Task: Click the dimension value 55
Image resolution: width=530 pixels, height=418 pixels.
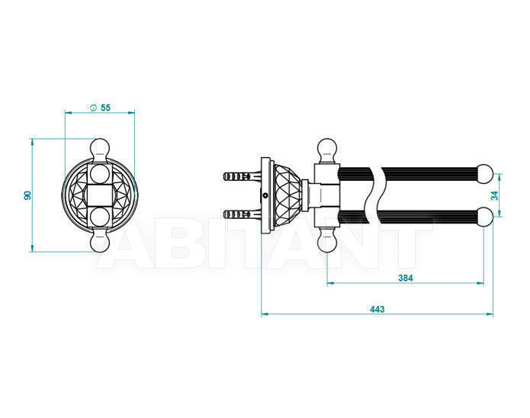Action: pyautogui.click(x=105, y=108)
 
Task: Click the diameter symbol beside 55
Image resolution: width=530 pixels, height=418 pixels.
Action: pyautogui.click(x=94, y=108)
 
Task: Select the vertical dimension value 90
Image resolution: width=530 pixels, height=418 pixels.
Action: pyautogui.click(x=27, y=195)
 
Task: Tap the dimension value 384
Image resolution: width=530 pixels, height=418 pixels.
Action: pyautogui.click(x=405, y=278)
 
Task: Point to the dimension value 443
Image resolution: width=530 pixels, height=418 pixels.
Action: pyautogui.click(x=377, y=309)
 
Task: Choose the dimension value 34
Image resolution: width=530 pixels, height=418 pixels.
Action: pyautogui.click(x=494, y=195)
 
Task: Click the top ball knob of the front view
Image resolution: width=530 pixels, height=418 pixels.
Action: pyautogui.click(x=100, y=149)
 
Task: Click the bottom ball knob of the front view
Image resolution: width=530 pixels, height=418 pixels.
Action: pyautogui.click(x=100, y=241)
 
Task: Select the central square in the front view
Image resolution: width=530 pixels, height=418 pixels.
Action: pyautogui.click(x=100, y=195)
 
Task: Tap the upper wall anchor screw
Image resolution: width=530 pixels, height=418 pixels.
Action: pyautogui.click(x=243, y=176)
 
